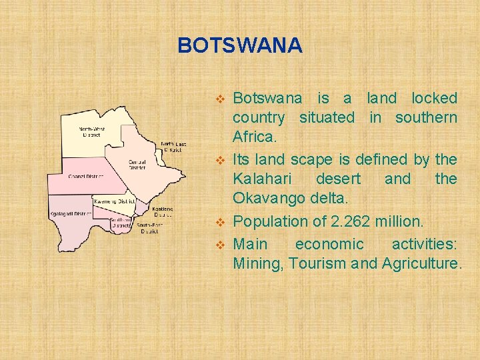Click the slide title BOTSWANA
pyautogui.click(x=240, y=45)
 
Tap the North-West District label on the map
pyautogui.click(x=91, y=131)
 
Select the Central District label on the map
pyautogui.click(x=137, y=163)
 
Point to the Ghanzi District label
pyautogui.click(x=86, y=177)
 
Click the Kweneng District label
pyautogui.click(x=114, y=201)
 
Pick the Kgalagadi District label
pyautogui.click(x=71, y=214)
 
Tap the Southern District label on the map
pyautogui.click(x=121, y=223)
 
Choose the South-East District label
pyautogui.click(x=149, y=228)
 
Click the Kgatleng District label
pyautogui.click(x=163, y=211)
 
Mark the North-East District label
pyautogui.click(x=173, y=147)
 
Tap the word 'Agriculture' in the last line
pyautogui.click(x=420, y=263)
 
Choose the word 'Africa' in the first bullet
pyautogui.click(x=252, y=137)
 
